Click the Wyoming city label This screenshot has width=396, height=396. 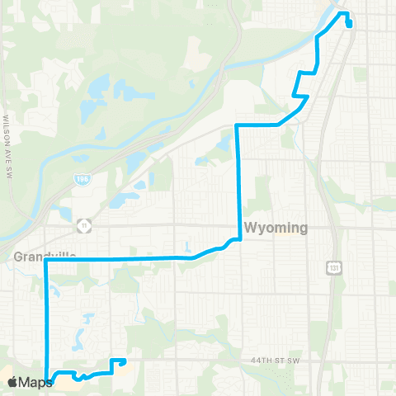(276, 228)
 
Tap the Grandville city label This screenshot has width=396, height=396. (45, 257)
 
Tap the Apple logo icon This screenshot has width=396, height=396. (12, 382)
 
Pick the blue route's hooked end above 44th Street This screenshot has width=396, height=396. (123, 360)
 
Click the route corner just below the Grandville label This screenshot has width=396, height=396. (45, 262)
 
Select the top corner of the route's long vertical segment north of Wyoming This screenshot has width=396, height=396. (238, 125)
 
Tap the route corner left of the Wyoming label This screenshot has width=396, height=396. (238, 239)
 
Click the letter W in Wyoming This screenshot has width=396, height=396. (249, 228)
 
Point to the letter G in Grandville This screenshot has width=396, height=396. (18, 257)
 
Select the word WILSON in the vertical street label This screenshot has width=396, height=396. (7, 108)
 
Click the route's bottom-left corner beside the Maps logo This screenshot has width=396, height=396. (47, 381)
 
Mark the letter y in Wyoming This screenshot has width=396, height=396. (261, 229)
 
